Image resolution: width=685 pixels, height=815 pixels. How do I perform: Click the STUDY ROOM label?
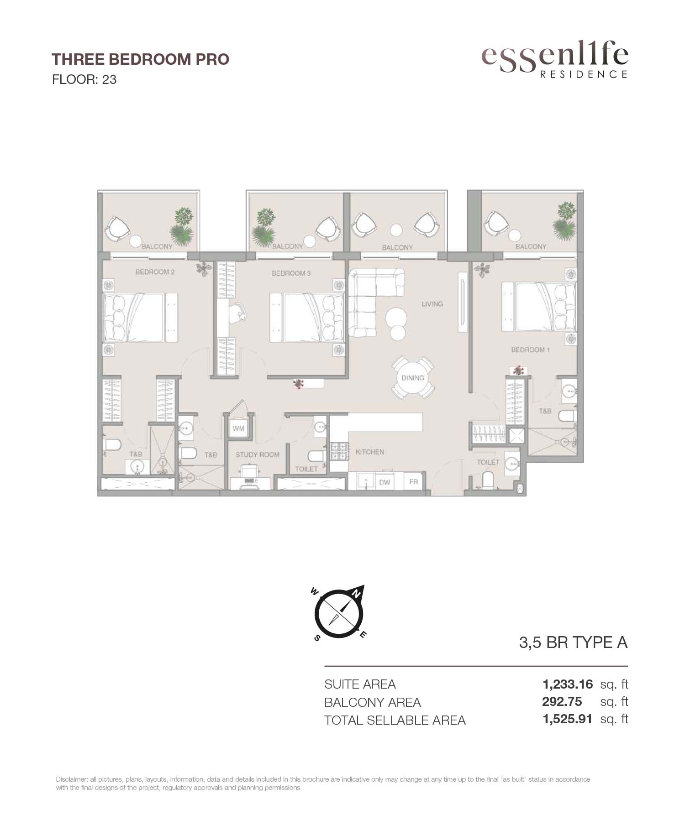click(x=258, y=455)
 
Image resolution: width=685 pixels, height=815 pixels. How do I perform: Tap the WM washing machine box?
click(x=238, y=428)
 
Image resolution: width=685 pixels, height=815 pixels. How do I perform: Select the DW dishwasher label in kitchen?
click(x=385, y=482)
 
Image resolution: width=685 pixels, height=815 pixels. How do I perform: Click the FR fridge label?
click(x=414, y=482)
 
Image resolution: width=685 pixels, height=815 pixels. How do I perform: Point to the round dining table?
click(x=413, y=377)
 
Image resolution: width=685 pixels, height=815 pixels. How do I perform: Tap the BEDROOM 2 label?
click(x=155, y=272)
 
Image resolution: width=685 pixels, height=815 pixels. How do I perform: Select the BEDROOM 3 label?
click(x=291, y=273)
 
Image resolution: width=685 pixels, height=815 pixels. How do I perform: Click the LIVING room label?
click(x=432, y=304)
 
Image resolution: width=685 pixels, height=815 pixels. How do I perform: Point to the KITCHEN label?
click(x=370, y=452)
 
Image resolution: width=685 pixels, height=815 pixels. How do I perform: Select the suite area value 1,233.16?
click(x=568, y=684)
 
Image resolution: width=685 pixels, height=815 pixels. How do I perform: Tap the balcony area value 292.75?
click(x=562, y=701)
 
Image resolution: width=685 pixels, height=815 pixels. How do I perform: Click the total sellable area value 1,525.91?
click(x=568, y=719)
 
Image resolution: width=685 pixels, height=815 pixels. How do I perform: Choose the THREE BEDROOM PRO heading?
click(x=141, y=59)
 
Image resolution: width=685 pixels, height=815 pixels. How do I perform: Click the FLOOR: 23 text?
click(x=84, y=79)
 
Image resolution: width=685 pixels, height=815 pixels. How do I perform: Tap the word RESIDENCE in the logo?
click(x=584, y=74)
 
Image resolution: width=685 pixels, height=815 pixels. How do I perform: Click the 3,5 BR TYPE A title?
click(x=573, y=643)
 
